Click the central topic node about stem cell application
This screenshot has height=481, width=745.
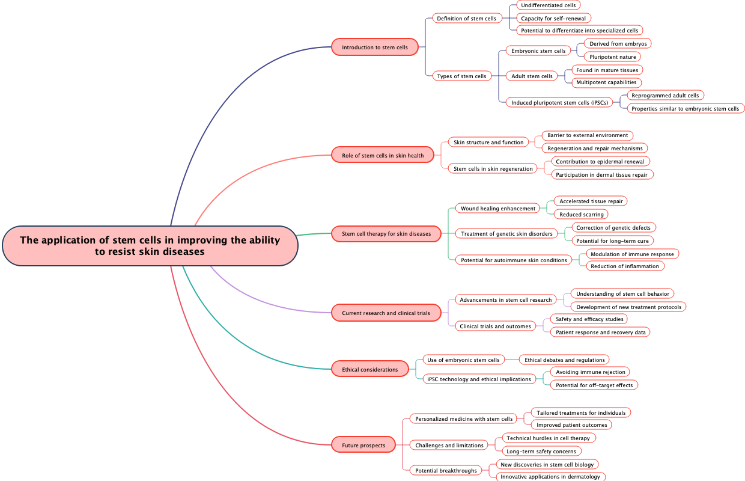click(x=150, y=246)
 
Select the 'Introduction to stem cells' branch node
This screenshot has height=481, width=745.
click(x=375, y=47)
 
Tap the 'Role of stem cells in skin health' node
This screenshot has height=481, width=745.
click(x=383, y=156)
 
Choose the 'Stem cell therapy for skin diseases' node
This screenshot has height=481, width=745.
click(x=386, y=234)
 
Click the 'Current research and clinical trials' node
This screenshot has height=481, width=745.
click(x=386, y=313)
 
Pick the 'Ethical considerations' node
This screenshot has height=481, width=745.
click(x=369, y=370)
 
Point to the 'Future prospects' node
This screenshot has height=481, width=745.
click(x=363, y=446)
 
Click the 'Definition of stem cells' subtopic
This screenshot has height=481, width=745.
click(x=466, y=19)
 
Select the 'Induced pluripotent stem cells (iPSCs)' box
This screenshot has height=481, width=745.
click(x=559, y=103)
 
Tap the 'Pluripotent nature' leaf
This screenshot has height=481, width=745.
click(x=612, y=57)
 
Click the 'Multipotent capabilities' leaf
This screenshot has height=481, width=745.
click(x=606, y=82)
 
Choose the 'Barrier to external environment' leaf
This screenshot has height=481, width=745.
click(x=588, y=135)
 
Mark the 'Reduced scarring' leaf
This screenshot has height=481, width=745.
click(x=581, y=215)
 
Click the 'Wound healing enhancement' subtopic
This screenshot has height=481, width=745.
click(x=498, y=209)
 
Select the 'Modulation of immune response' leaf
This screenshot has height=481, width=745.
click(x=632, y=254)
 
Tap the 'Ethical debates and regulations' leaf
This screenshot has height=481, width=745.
click(x=564, y=360)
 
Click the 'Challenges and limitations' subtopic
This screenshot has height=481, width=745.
click(x=449, y=446)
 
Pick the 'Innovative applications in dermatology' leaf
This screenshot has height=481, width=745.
click(x=550, y=477)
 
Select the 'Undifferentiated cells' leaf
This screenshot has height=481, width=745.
click(x=548, y=5)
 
